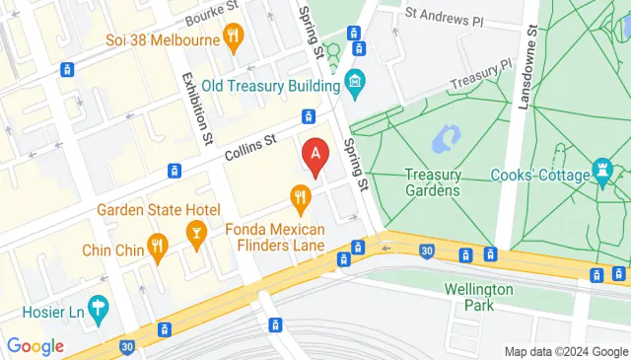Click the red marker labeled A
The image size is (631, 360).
315,156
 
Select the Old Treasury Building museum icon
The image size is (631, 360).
355,79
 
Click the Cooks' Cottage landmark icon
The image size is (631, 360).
603,175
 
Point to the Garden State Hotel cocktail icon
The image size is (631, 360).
195,233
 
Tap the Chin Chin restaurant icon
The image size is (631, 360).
156,246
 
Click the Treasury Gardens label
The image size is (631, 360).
433,182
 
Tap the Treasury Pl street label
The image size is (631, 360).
480,75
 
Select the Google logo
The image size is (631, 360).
35,346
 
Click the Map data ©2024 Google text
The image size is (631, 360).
565,352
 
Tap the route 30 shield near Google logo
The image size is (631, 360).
127,346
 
